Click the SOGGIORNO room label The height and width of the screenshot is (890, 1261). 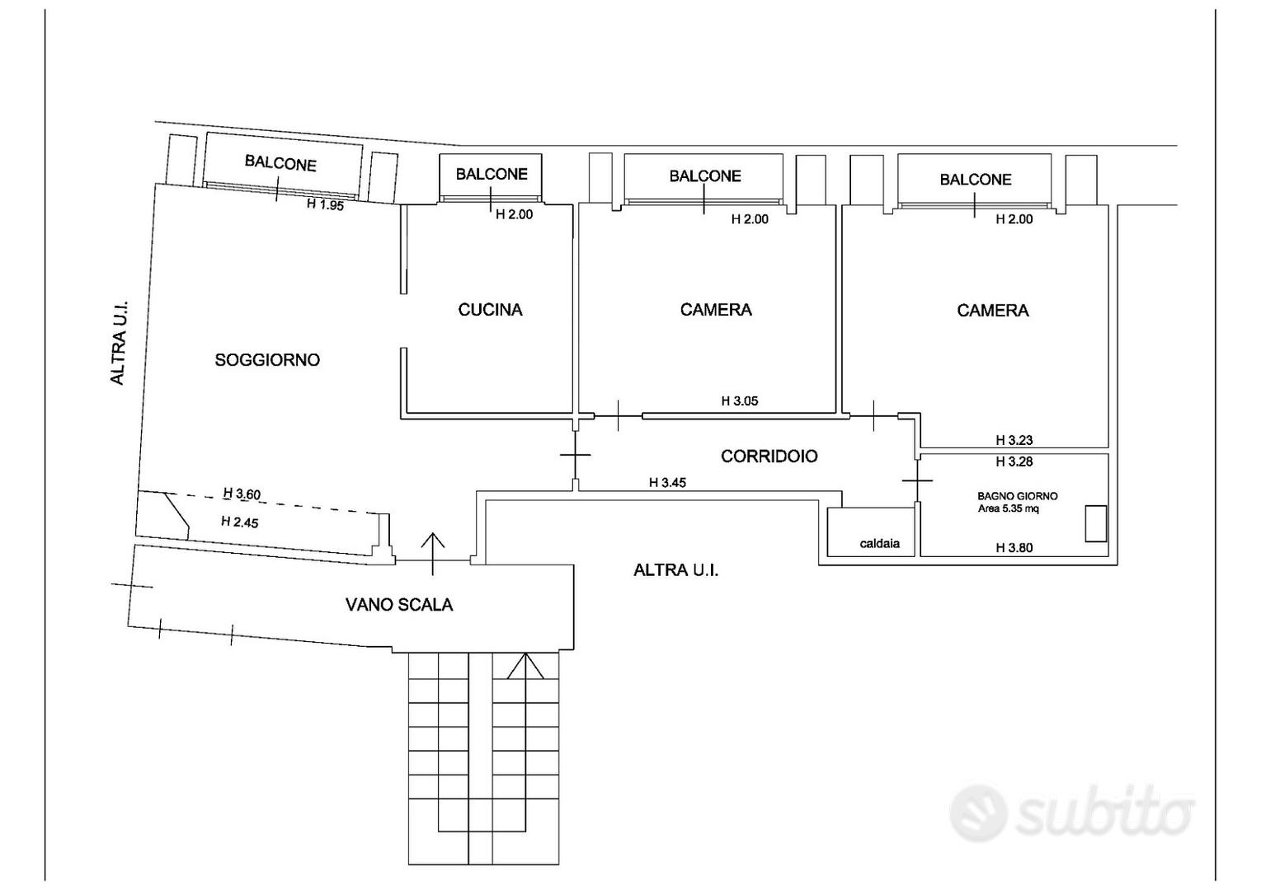(267, 360)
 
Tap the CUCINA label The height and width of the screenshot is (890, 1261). (491, 310)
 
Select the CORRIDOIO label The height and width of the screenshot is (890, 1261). (769, 457)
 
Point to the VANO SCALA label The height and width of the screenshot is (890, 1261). (399, 605)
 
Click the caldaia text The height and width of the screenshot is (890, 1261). (880, 543)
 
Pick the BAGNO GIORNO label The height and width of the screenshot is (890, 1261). (1017, 496)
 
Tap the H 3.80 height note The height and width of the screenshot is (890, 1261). (1014, 547)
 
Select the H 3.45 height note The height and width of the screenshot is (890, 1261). (668, 483)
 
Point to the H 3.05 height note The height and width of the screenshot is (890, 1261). (740, 401)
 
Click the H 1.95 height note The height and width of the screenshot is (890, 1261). (326, 204)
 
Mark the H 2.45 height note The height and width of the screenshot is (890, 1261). (240, 522)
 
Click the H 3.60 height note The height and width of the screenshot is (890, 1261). (242, 494)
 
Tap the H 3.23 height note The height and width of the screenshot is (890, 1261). (1014, 440)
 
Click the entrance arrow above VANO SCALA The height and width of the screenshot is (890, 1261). (433, 554)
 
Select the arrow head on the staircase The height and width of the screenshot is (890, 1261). (525, 666)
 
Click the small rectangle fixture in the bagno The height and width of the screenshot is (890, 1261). (1096, 524)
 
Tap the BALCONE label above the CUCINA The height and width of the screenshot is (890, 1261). (492, 175)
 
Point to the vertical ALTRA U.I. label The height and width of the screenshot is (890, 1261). (118, 343)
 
